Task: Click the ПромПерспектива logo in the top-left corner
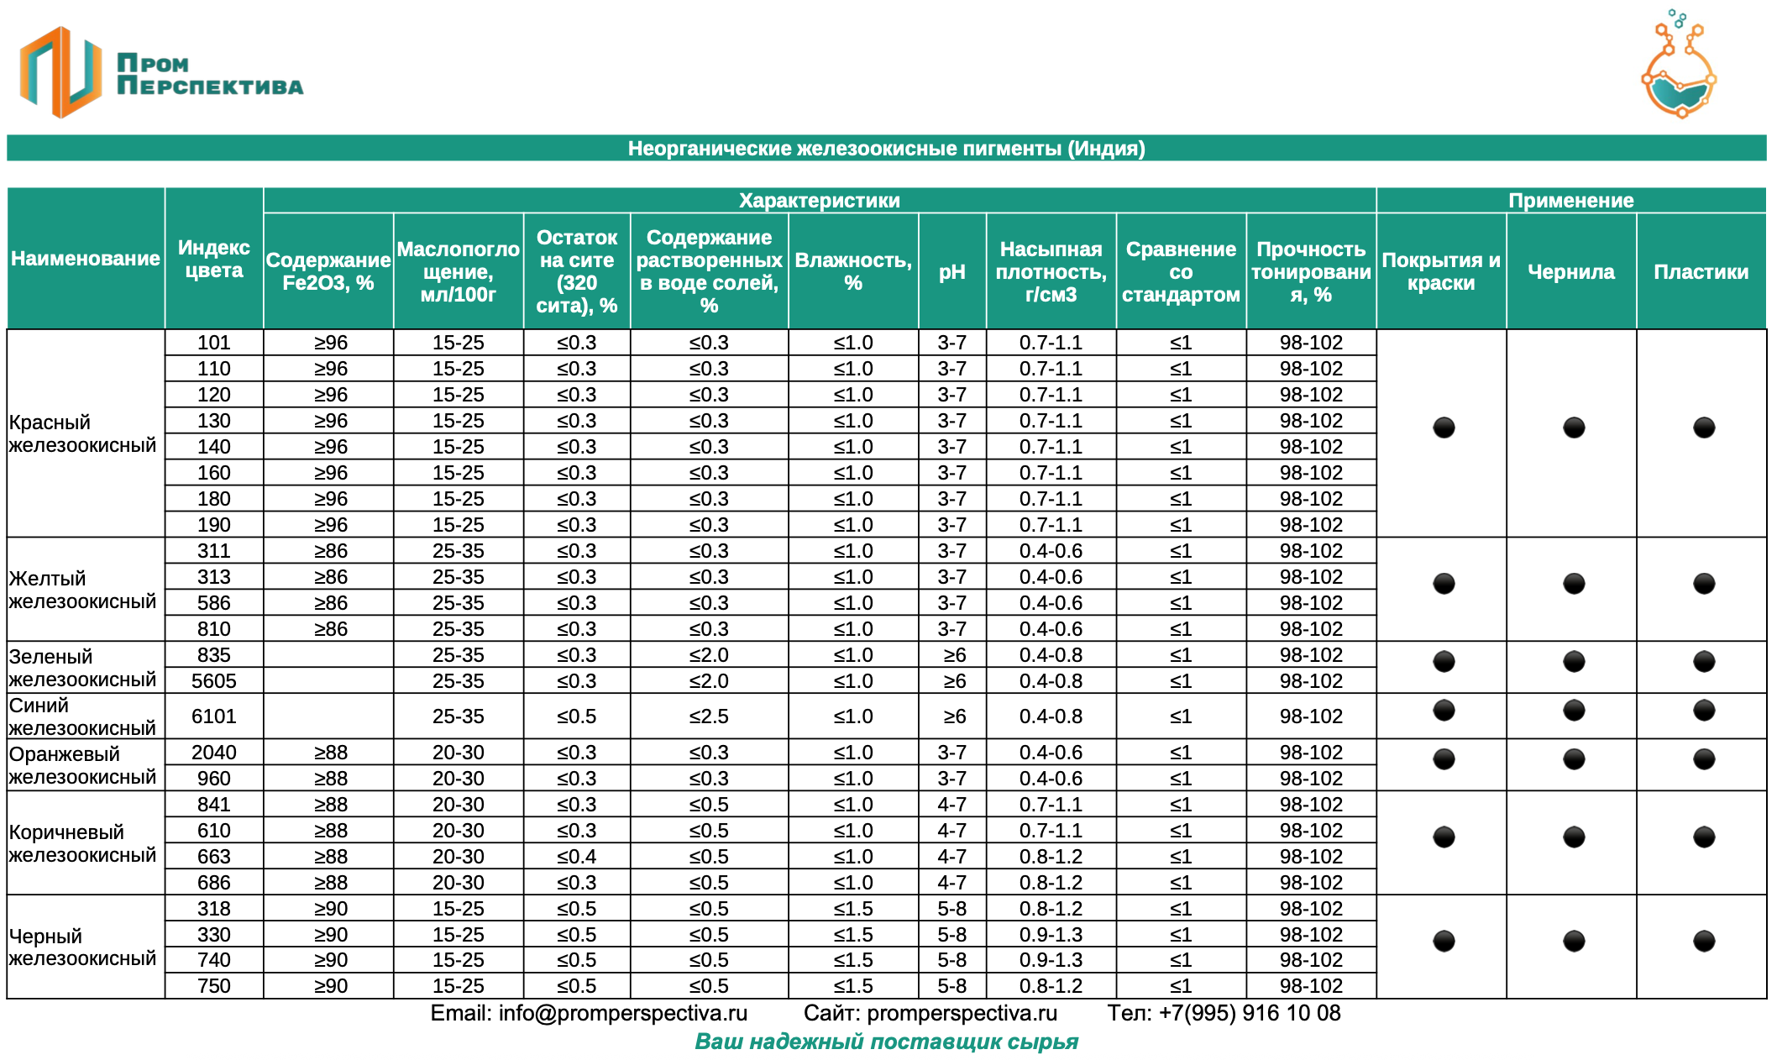click(x=160, y=73)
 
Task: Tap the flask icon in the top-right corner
click(x=1678, y=67)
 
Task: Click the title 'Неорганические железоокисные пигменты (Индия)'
click(x=886, y=149)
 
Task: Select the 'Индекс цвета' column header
click(x=213, y=259)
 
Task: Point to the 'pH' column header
click(x=951, y=271)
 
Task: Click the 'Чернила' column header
click(x=1570, y=271)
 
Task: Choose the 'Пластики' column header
click(x=1701, y=271)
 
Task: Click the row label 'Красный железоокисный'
click(x=83, y=433)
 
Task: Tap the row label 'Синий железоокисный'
click(x=83, y=716)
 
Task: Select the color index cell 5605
click(x=213, y=680)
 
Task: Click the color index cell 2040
click(x=213, y=753)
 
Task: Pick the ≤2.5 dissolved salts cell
click(x=709, y=716)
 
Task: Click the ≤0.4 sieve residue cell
click(x=576, y=857)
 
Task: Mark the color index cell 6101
click(x=213, y=716)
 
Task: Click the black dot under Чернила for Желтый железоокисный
click(x=1573, y=584)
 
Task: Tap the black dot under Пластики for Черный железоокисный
click(x=1703, y=941)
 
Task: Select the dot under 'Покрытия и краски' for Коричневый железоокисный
click(x=1444, y=837)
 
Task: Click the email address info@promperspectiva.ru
click(x=622, y=1013)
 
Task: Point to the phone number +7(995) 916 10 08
click(x=1250, y=1013)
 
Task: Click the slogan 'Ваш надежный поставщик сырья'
click(x=886, y=1042)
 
